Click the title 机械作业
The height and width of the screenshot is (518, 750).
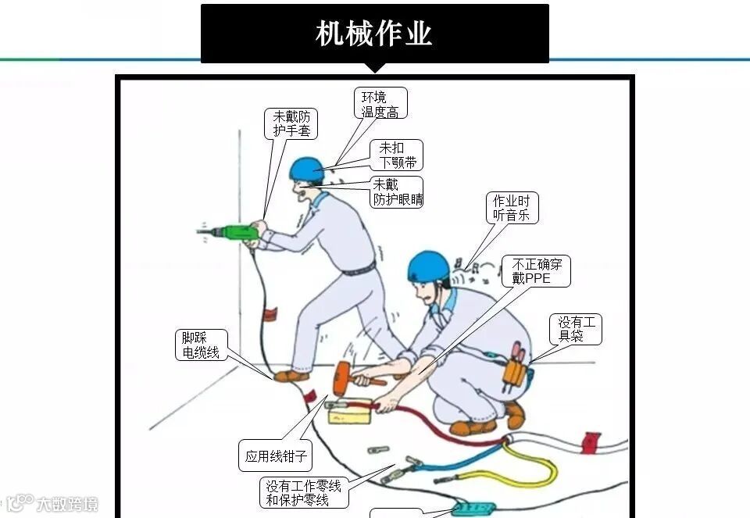374,33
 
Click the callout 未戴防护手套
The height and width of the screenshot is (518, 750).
291,123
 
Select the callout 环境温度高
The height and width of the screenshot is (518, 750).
380,103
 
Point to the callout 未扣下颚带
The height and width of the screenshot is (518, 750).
397,155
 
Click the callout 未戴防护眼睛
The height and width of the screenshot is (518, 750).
398,191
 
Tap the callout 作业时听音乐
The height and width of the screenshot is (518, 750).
512,208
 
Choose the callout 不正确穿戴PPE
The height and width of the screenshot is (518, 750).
536,271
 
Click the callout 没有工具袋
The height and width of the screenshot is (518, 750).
576,329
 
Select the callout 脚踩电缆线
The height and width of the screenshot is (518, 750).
202,345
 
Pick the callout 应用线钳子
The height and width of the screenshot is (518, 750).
276,455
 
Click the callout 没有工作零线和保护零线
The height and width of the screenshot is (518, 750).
304,493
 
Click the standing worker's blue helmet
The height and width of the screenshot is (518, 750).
306,169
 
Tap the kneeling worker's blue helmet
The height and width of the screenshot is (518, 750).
429,266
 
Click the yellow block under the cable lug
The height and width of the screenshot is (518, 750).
350,414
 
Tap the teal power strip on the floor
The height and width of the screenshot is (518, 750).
473,509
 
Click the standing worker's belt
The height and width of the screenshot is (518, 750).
359,270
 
